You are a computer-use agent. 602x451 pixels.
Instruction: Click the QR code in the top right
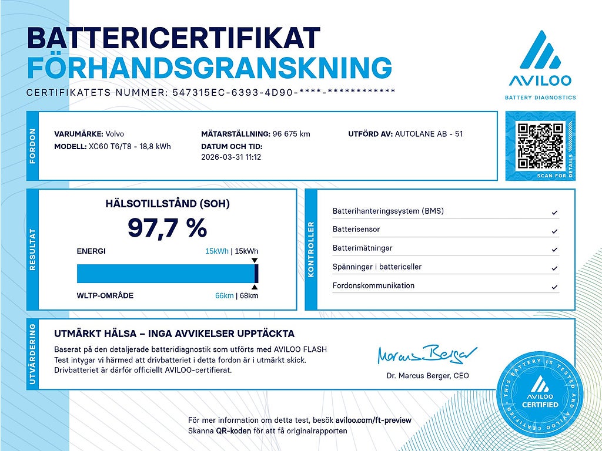(x=540, y=145)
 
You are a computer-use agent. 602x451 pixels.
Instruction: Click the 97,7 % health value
(x=167, y=228)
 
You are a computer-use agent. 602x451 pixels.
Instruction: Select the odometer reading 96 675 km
(x=289, y=134)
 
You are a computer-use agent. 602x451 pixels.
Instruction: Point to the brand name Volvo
(x=115, y=134)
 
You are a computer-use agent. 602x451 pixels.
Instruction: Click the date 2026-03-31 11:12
(x=231, y=157)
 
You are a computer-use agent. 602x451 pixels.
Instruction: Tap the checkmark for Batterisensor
(x=554, y=231)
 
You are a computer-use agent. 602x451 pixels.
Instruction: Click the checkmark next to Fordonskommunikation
(x=554, y=287)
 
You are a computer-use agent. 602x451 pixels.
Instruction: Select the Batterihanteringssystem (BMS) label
(x=388, y=211)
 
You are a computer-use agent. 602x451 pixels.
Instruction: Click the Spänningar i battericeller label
(x=377, y=267)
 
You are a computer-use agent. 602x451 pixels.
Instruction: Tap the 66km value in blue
(x=224, y=295)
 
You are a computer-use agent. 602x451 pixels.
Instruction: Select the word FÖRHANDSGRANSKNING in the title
(x=209, y=68)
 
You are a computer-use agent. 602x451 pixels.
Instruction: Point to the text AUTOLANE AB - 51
(x=429, y=134)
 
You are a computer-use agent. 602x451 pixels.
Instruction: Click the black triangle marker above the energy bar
(x=254, y=260)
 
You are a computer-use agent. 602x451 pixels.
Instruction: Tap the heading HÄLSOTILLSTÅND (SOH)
(x=167, y=204)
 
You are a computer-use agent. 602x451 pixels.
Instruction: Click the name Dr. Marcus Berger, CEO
(x=427, y=376)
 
